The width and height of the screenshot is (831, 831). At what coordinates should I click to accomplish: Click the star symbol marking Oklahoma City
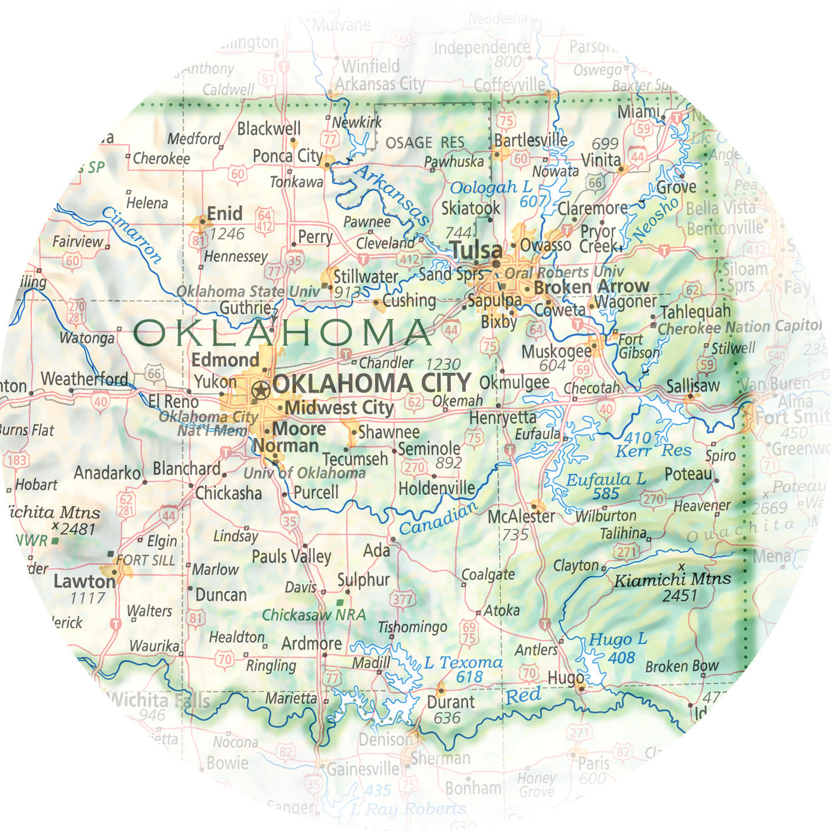261,389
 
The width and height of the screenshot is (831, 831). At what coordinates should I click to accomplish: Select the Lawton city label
84,582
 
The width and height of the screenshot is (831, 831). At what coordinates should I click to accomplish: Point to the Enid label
225,213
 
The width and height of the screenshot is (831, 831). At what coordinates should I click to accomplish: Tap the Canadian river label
438,518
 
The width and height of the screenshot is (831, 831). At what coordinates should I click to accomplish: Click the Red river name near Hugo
522,696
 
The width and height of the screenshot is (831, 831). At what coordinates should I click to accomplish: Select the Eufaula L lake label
605,479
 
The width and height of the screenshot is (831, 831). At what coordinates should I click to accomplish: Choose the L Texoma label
463,663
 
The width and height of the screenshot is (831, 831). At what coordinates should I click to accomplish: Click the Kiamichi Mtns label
673,579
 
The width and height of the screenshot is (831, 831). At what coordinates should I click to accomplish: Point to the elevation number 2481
77,529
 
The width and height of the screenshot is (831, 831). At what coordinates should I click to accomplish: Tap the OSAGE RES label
424,143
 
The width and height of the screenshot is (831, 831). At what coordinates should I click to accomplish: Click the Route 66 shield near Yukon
155,373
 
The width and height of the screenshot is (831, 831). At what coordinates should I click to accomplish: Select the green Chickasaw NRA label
313,615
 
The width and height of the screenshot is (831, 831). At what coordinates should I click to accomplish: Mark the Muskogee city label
556,351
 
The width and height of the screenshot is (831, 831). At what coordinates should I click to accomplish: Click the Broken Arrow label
591,287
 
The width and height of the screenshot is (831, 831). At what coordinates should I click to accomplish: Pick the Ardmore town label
311,644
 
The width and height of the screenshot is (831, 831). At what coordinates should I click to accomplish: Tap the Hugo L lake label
618,640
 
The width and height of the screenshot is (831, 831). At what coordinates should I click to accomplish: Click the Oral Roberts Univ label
564,272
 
